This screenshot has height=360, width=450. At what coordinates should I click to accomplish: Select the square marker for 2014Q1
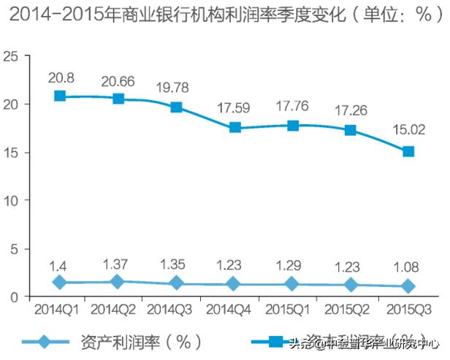coord(60,96)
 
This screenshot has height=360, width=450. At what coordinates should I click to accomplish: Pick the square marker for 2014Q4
coord(234,127)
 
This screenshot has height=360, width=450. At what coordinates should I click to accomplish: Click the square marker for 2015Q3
coord(409,152)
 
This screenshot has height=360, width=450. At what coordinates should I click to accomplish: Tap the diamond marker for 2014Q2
coord(118,282)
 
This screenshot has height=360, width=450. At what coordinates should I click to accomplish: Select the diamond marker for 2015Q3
coord(409,286)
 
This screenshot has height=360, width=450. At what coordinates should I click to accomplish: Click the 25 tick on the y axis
coord(9,55)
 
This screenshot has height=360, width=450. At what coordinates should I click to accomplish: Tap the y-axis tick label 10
coord(9,200)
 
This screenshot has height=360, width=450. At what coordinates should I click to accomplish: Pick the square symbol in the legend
coord(275,342)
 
